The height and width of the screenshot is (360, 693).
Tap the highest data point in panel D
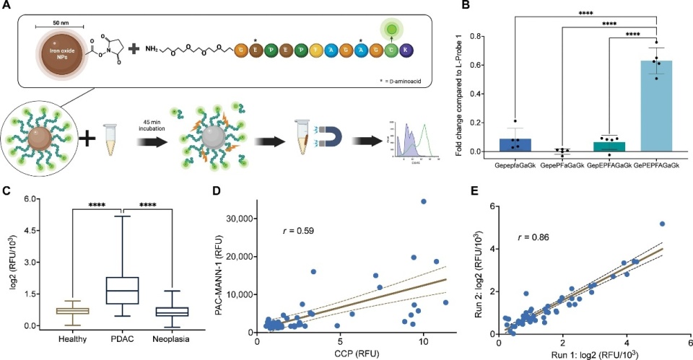pyautogui.click(x=424, y=201)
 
